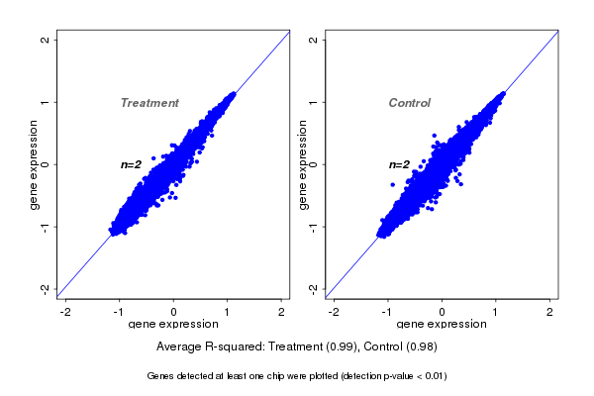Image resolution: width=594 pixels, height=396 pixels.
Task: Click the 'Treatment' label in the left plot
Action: tap(149, 103)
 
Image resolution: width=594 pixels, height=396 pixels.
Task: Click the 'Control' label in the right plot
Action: tap(409, 103)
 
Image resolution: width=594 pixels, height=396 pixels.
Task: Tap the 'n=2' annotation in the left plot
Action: tap(132, 164)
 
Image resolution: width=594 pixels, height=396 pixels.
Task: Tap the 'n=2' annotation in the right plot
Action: tap(399, 164)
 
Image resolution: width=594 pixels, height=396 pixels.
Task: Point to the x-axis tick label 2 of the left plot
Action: tap(281, 312)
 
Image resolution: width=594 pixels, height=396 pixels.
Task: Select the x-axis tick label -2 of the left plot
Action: tap(65, 312)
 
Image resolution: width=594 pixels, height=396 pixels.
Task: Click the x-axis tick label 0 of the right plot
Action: tap(442, 312)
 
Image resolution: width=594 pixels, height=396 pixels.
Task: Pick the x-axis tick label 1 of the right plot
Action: tap(496, 312)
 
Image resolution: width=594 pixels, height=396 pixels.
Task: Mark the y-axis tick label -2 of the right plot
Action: tap(313, 288)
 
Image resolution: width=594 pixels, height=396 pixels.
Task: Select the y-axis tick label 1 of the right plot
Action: tap(313, 102)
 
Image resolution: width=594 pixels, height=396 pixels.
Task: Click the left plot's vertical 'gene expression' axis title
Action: tap(34, 164)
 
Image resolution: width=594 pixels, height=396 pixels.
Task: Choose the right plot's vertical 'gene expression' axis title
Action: tap(302, 164)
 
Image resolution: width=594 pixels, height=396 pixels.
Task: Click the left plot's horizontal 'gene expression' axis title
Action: tap(173, 325)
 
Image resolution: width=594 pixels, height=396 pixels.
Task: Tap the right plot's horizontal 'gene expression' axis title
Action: tap(442, 325)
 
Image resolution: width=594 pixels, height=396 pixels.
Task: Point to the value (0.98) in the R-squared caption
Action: tap(422, 346)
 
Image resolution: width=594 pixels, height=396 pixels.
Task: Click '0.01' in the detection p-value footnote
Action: tap(432, 376)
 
